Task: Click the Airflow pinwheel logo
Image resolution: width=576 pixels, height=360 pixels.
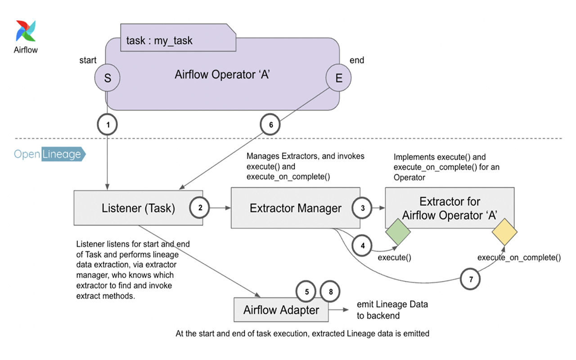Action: pyautogui.click(x=26, y=31)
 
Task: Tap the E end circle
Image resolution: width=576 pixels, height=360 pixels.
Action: pyautogui.click(x=338, y=78)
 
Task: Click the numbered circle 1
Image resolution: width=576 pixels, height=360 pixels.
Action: pyautogui.click(x=107, y=126)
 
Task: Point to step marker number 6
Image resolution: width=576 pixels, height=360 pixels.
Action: pyautogui.click(x=270, y=126)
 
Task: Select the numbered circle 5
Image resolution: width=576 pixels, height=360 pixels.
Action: pyautogui.click(x=307, y=292)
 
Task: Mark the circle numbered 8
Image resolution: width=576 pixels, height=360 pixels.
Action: pyautogui.click(x=330, y=292)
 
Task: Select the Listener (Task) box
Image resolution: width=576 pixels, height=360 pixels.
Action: pyautogui.click(x=138, y=208)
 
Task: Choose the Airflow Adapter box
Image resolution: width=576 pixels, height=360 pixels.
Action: pyautogui.click(x=281, y=310)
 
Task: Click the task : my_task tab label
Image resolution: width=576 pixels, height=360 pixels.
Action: pyautogui.click(x=160, y=40)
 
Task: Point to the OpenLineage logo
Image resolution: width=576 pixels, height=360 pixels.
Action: pyautogui.click(x=49, y=154)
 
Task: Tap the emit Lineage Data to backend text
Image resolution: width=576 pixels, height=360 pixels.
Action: pyautogui.click(x=391, y=310)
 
